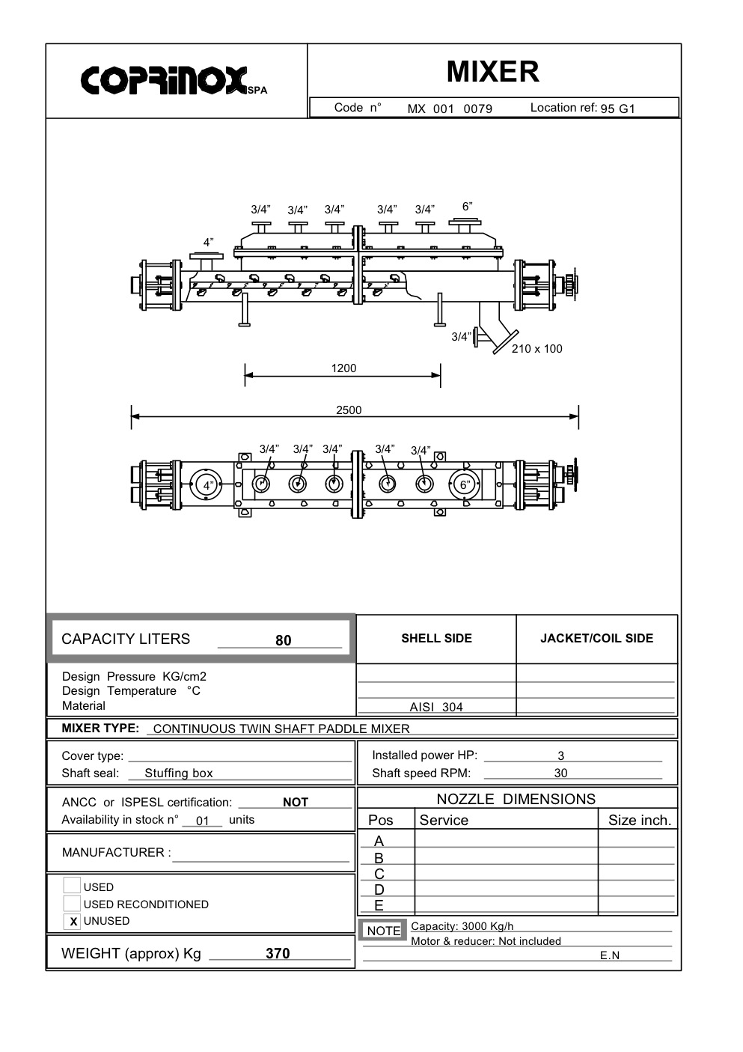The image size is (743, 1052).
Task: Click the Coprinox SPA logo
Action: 173,80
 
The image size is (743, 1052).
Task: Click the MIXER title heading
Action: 492,72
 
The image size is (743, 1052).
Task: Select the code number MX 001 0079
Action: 450,109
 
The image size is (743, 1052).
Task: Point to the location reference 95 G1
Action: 617,109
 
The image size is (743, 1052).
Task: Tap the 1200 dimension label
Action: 343,368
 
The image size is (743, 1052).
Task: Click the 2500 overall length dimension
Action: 349,410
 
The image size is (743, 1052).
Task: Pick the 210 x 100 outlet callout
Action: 536,349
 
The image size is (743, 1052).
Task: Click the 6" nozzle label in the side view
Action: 467,207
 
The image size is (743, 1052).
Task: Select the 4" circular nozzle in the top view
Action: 207,484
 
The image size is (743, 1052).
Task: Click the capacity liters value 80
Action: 284,640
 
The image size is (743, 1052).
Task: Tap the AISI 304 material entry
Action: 436,707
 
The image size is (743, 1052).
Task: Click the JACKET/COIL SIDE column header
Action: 596,639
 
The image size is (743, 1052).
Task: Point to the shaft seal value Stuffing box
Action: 179,773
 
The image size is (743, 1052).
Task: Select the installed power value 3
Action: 561,756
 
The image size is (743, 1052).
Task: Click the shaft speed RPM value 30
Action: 560,773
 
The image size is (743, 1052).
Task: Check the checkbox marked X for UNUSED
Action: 73,922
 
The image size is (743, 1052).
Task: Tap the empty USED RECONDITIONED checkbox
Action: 72,904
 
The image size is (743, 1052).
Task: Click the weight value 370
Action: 278,954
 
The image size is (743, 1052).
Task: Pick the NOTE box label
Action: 383,931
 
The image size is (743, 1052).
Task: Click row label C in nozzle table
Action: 379,875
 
